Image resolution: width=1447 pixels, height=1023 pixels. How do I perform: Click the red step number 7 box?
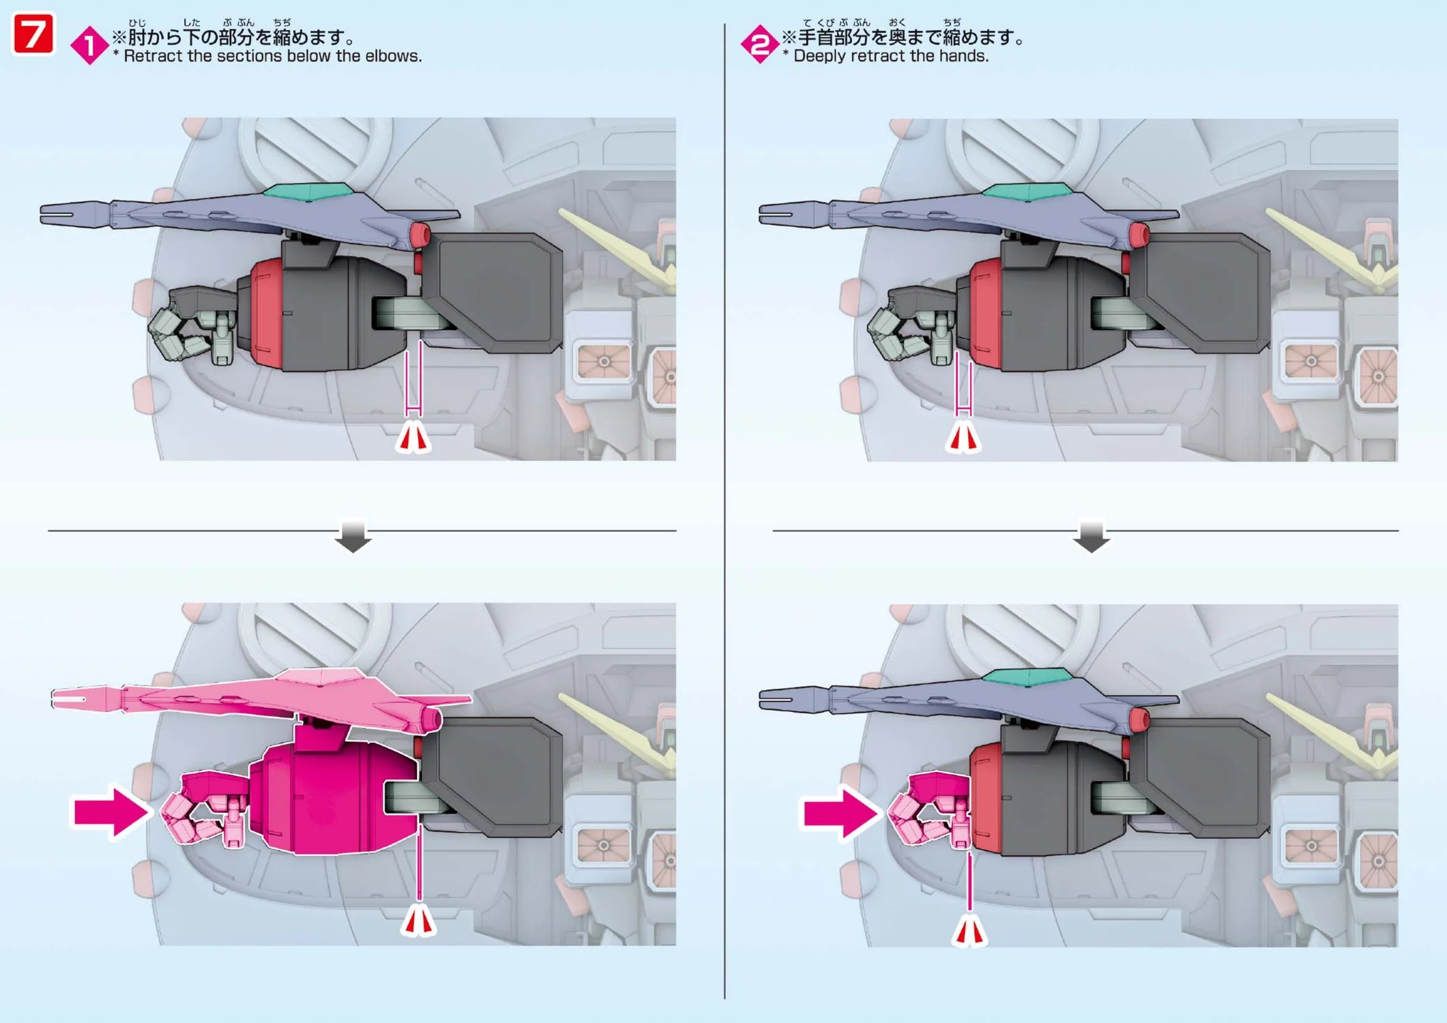pyautogui.click(x=33, y=35)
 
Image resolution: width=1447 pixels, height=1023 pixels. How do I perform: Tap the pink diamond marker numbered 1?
pyautogui.click(x=89, y=46)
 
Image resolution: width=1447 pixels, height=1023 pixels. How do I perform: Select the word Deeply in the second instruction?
pyautogui.click(x=819, y=57)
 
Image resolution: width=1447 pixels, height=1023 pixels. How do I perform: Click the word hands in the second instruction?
pyautogui.click(x=963, y=57)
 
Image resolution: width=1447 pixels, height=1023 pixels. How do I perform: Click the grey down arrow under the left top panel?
pyautogui.click(x=353, y=536)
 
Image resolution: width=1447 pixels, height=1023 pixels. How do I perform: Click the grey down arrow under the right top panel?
pyautogui.click(x=1091, y=536)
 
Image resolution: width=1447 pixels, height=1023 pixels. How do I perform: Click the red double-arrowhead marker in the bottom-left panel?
pyautogui.click(x=418, y=922)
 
